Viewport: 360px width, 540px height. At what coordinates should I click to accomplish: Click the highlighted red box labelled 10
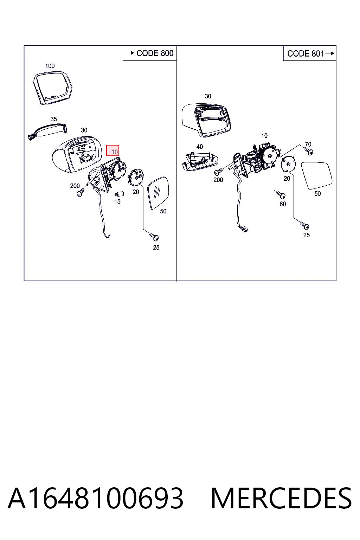point(112,151)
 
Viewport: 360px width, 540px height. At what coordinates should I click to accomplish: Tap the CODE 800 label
point(155,53)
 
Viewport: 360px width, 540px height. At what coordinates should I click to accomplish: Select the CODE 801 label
point(306,53)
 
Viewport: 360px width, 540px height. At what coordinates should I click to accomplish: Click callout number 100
point(50,66)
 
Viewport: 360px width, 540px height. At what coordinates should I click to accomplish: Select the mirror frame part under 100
point(52,88)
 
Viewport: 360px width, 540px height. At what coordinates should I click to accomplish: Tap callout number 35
point(53,119)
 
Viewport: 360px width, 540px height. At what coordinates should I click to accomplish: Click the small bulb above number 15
point(119,193)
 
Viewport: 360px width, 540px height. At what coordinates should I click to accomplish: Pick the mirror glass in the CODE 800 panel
point(158,193)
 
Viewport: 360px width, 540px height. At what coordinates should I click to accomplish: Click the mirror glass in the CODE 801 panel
point(317,176)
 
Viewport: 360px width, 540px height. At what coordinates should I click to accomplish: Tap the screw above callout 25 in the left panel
point(154,237)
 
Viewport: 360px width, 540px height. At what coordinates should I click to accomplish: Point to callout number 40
point(200,147)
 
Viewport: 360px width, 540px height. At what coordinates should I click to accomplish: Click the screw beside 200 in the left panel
point(81,192)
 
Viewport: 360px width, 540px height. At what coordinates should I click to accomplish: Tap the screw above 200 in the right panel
point(218,172)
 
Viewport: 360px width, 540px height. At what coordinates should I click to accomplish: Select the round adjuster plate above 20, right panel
point(288,164)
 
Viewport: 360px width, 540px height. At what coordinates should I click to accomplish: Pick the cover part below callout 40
point(200,161)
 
